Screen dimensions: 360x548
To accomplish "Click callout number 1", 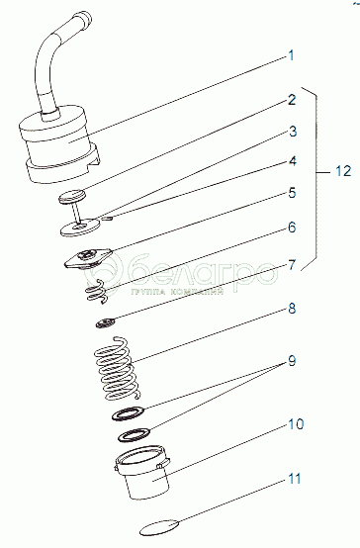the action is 291,56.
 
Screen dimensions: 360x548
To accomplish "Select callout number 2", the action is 292,100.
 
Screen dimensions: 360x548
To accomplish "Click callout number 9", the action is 292,360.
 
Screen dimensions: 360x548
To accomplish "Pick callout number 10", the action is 296,424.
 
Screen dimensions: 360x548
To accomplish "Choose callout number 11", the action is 295,479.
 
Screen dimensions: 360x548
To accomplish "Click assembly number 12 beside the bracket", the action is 343,171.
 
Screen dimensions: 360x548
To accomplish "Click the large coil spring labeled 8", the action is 116,368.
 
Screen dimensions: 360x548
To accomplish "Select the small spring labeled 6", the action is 96,291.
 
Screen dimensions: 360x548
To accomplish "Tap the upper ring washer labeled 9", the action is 129,413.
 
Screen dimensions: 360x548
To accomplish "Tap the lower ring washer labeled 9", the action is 135,434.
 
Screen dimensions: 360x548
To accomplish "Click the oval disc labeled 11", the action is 160,527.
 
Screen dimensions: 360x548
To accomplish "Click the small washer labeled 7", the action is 106,322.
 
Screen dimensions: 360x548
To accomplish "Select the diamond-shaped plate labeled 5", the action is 88,259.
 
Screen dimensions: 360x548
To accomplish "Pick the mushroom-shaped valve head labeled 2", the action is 72,196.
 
